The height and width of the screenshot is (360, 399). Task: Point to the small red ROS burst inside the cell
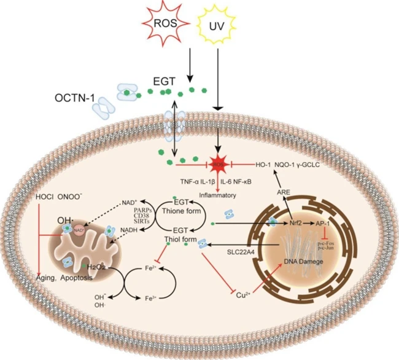(x=217, y=165)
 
